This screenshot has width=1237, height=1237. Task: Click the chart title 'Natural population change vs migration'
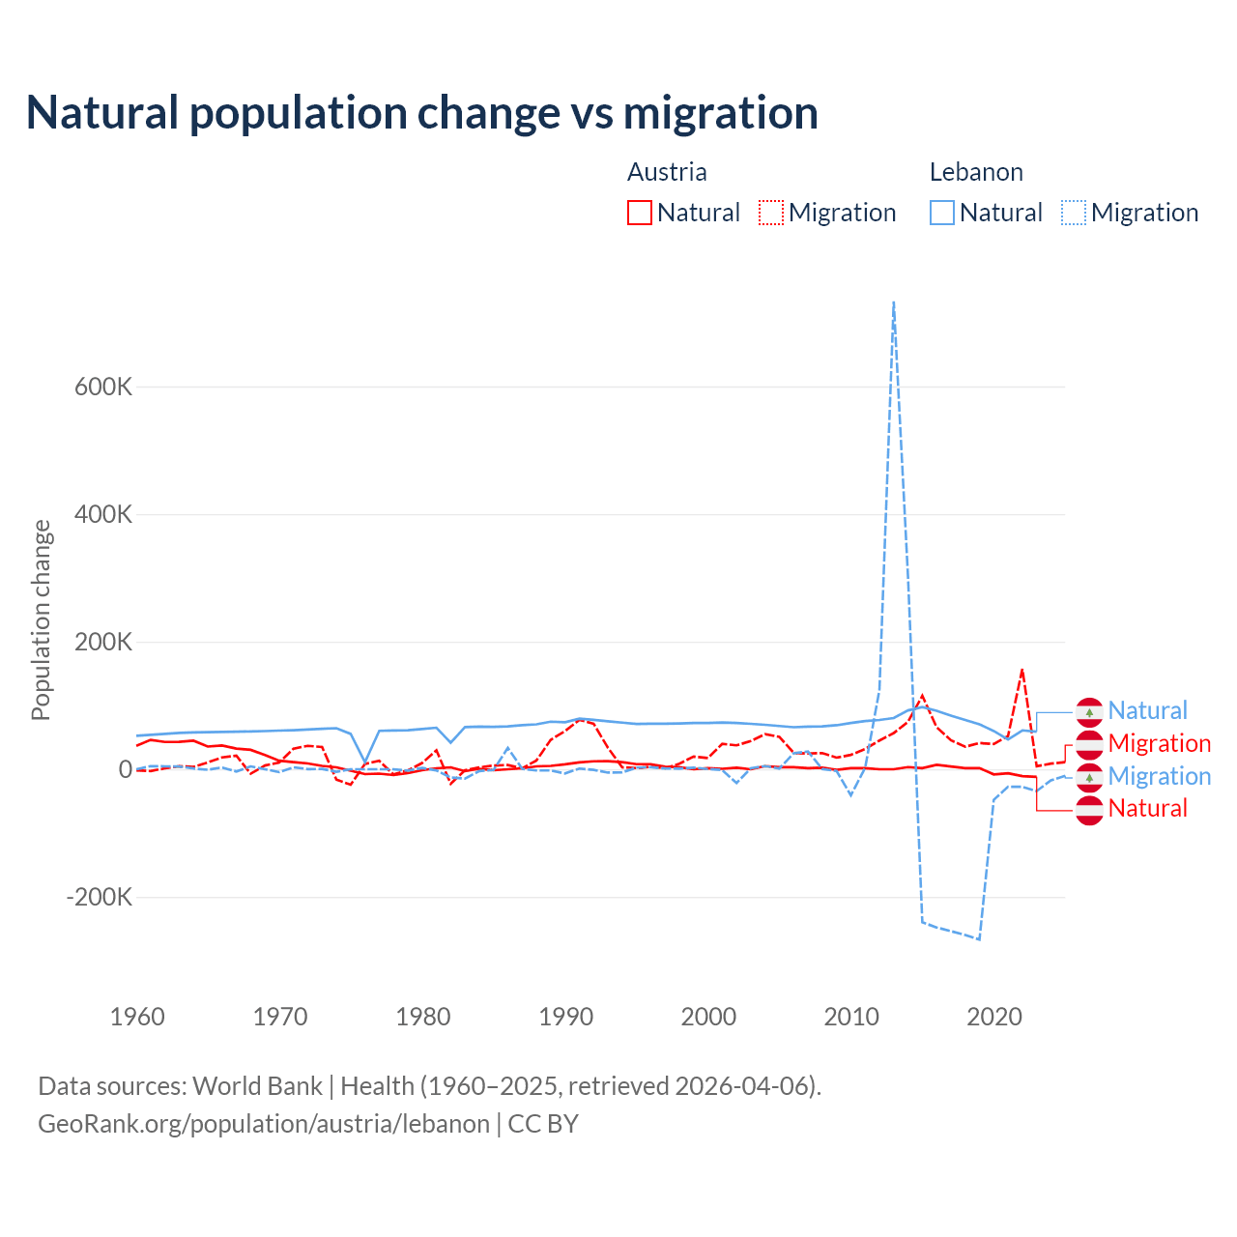tap(422, 113)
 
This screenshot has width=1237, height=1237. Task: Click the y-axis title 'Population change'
tap(41, 619)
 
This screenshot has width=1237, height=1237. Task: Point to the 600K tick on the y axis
tap(103, 387)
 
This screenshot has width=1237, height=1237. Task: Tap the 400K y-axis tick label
tap(103, 514)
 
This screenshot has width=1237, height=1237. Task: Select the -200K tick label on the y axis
tap(100, 897)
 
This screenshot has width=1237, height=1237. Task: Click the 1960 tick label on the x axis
tap(137, 1017)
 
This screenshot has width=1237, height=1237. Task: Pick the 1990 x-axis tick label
tap(566, 1017)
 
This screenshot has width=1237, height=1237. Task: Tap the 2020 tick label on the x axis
tap(994, 1017)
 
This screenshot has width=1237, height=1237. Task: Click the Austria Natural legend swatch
tap(640, 213)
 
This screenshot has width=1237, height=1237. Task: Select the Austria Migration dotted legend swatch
tap(771, 213)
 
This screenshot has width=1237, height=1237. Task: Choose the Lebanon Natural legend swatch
tap(942, 213)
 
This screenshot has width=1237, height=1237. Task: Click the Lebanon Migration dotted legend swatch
tap(1074, 213)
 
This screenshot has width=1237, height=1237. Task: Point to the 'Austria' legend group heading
tap(667, 172)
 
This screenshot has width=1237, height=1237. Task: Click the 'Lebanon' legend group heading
tap(976, 172)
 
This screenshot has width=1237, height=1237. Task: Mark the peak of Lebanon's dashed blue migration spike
tap(894, 302)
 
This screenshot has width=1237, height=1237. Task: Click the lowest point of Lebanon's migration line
tap(979, 938)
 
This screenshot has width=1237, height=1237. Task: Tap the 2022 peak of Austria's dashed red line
tap(1022, 669)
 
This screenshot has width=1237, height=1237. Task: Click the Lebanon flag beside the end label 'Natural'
tap(1089, 712)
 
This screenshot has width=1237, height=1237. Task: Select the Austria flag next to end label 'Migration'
tap(1089, 744)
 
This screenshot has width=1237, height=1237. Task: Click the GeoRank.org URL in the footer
tap(264, 1124)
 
